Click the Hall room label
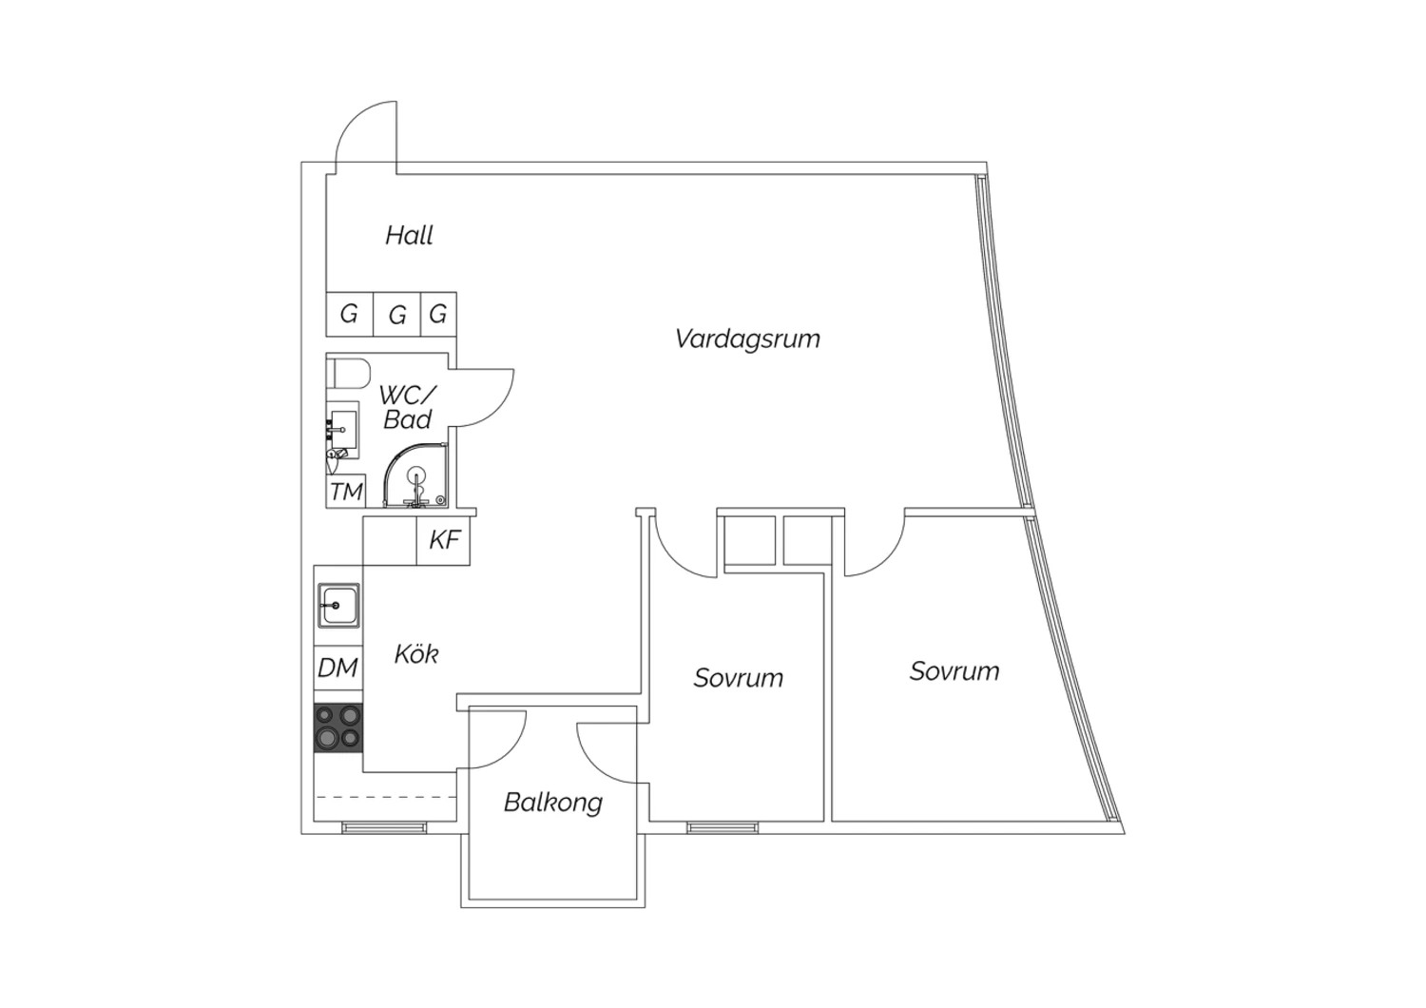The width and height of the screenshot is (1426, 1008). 409,236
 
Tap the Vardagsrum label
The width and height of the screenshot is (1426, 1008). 747,339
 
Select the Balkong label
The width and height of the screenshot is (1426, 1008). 552,803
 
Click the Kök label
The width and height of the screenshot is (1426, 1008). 416,654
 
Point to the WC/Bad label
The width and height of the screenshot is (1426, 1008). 408,407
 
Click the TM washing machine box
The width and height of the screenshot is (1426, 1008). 346,492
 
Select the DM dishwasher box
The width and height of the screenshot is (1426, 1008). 338,668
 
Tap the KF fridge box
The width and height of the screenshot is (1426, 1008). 444,540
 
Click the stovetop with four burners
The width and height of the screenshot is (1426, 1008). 338,727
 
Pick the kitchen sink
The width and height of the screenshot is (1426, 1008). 338,606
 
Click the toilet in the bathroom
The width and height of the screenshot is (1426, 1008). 348,373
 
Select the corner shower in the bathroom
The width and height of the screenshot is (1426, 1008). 415,475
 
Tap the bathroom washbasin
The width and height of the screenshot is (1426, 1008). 342,430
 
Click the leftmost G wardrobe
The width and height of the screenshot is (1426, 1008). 350,314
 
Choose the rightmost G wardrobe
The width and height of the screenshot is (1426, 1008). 438,314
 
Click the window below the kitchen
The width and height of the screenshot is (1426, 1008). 384,827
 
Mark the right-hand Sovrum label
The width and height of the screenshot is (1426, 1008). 954,671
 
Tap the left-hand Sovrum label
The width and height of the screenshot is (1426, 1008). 739,678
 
